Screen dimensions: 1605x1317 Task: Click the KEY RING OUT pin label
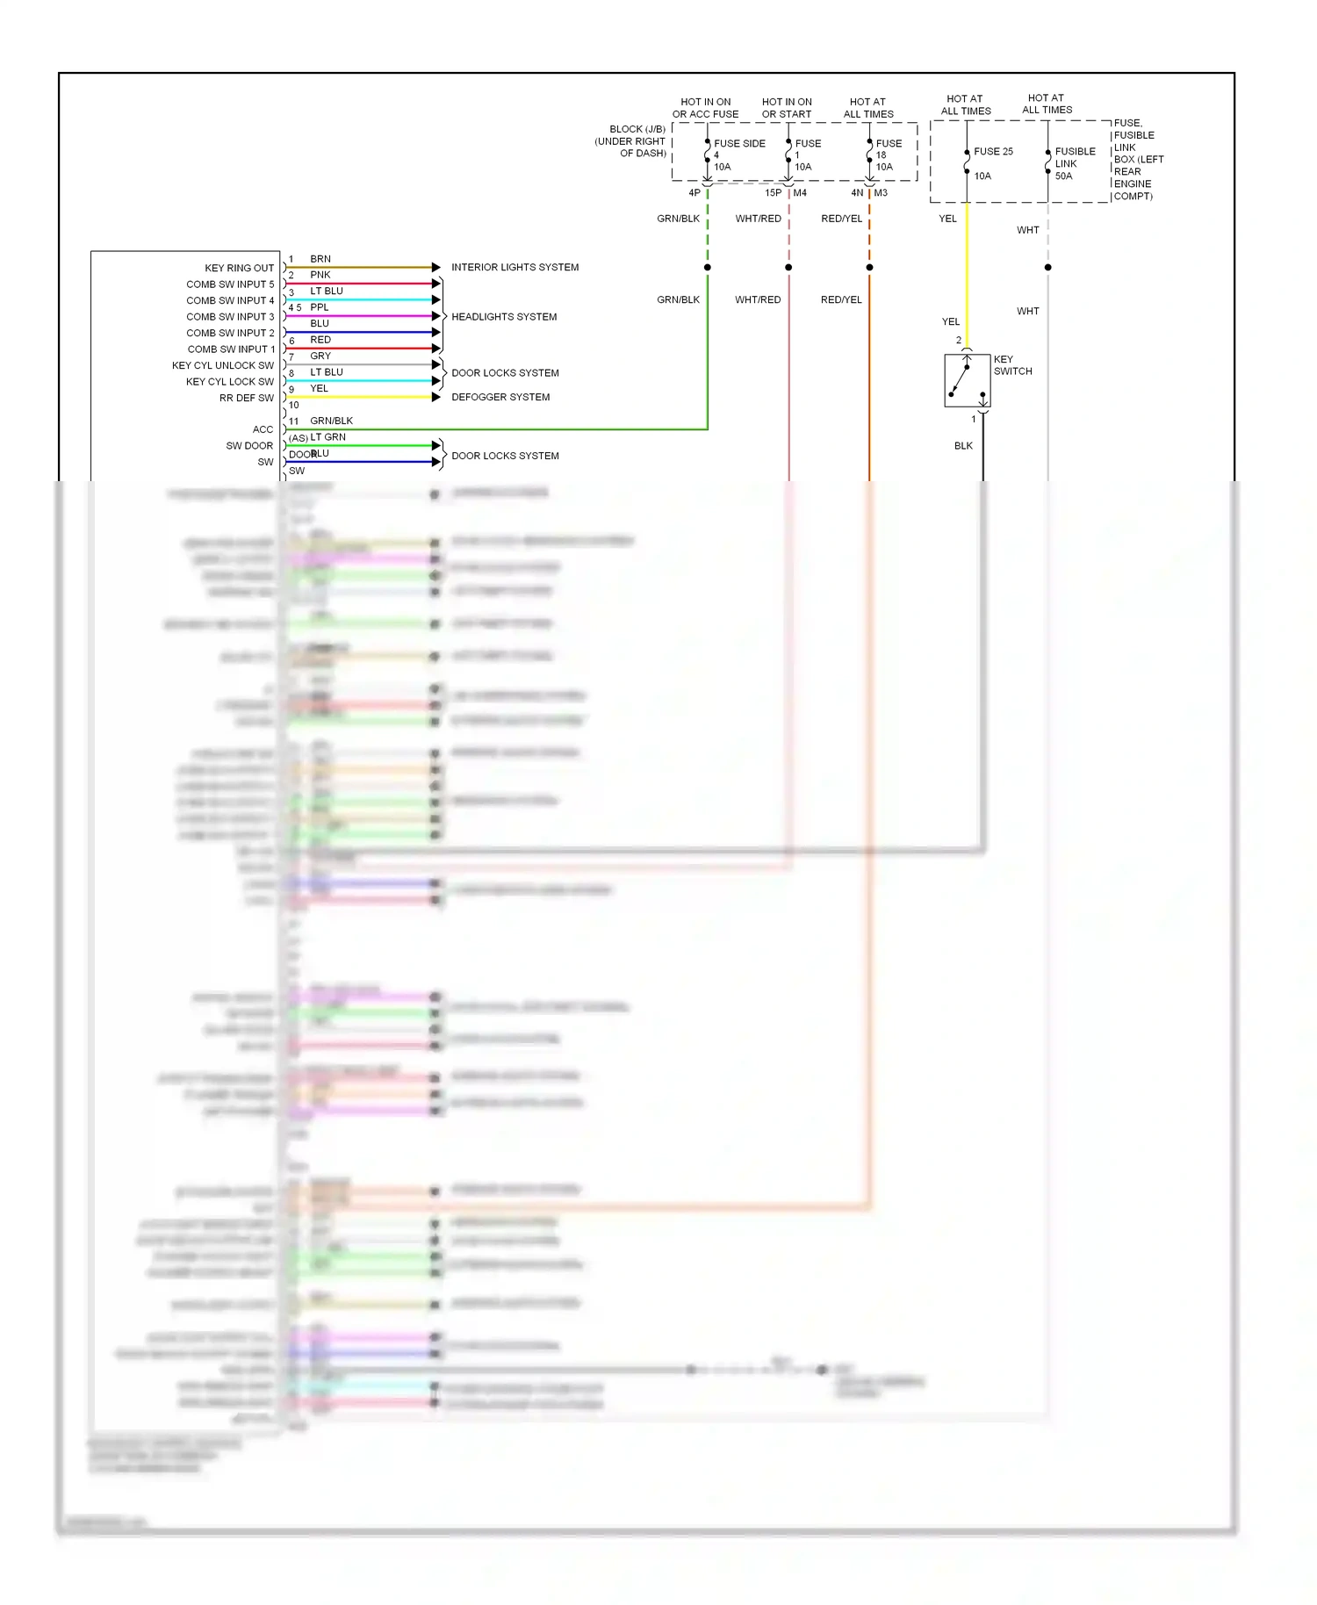239,268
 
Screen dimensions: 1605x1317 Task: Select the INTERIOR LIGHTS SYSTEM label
515,267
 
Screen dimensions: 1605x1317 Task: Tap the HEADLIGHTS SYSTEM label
504,317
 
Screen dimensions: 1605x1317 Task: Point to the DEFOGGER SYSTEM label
500,397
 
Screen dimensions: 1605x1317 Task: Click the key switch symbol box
967,380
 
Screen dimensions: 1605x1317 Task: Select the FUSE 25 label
993,151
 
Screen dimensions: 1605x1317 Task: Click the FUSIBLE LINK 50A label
1075,163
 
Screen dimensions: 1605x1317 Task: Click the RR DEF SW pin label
247,398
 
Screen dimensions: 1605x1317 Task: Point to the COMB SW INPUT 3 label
230,317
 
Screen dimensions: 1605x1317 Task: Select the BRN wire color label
320,259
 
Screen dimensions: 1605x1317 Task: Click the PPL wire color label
320,307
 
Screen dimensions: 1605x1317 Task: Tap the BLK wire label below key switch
963,446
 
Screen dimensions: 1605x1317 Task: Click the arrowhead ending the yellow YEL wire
435,397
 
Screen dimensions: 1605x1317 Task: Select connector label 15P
773,193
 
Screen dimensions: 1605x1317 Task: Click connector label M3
881,193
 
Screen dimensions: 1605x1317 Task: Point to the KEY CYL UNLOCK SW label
223,365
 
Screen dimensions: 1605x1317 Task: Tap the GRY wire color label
320,356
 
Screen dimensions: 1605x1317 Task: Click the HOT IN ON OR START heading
787,108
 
